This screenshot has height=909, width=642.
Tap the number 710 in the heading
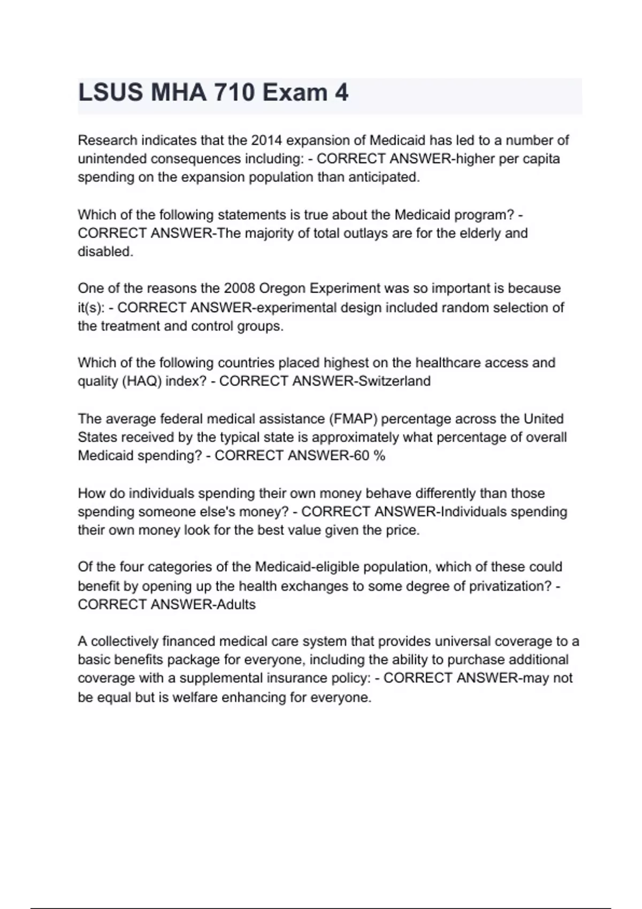pos(234,93)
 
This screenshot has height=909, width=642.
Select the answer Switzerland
pos(395,381)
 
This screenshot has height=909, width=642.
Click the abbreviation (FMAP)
pos(351,419)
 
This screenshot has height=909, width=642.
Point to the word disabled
pos(105,252)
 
